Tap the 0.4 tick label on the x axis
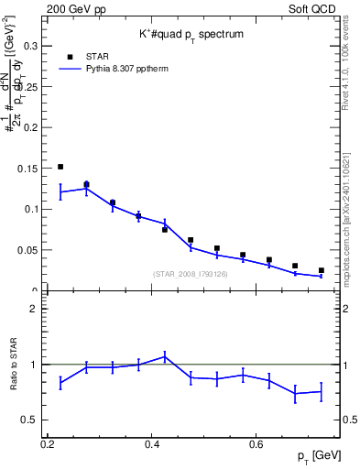coord(152,444)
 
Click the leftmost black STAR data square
coord(60,167)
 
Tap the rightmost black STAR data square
coord(321,270)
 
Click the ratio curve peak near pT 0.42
coord(165,356)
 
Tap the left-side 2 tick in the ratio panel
coord(37,309)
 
